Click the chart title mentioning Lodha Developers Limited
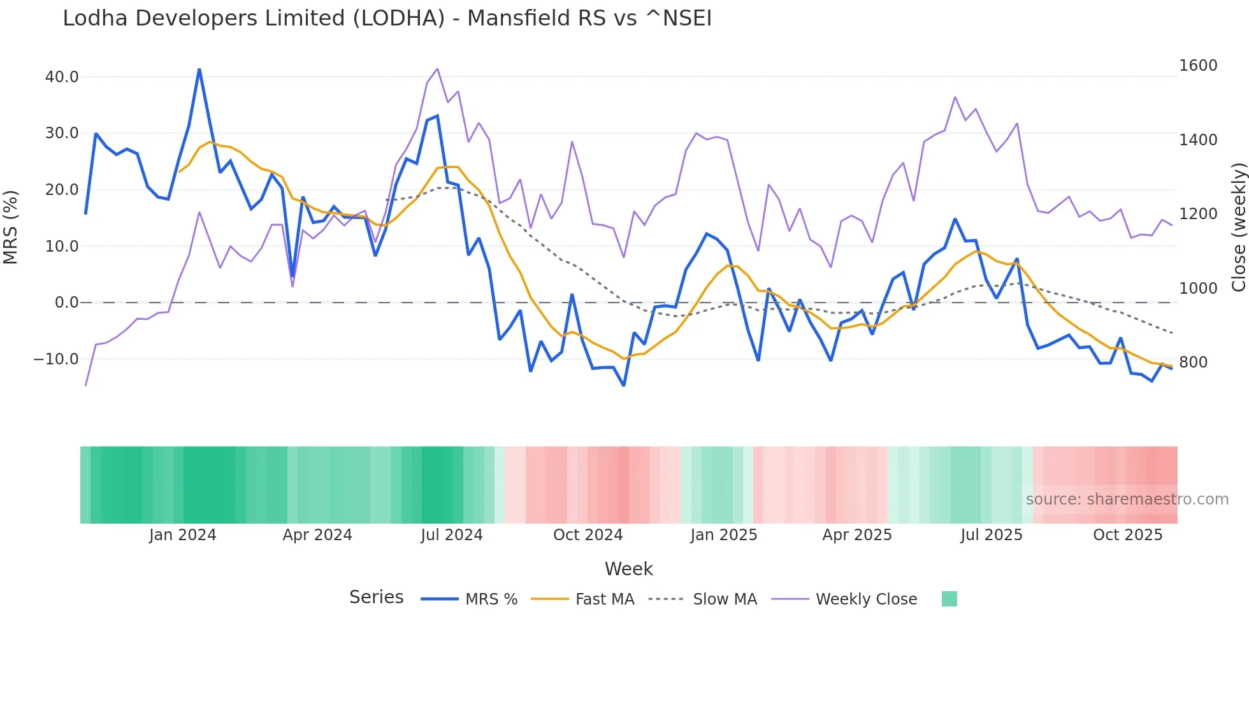pos(387,18)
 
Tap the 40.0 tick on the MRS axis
pos(62,77)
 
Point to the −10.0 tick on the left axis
pos(56,359)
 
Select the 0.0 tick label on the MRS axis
pos(66,303)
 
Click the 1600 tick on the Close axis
pos(1198,66)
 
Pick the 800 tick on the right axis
pos(1193,362)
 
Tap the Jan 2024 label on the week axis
pos(182,535)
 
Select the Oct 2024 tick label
pos(588,535)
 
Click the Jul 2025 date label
pos(991,535)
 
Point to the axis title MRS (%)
pos(11,227)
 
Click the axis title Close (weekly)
pos(1238,227)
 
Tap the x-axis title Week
pos(628,569)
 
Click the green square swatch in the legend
pos(949,599)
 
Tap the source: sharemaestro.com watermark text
pos(1127,499)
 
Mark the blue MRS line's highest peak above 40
pos(199,69)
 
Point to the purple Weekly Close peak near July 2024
pos(437,69)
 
